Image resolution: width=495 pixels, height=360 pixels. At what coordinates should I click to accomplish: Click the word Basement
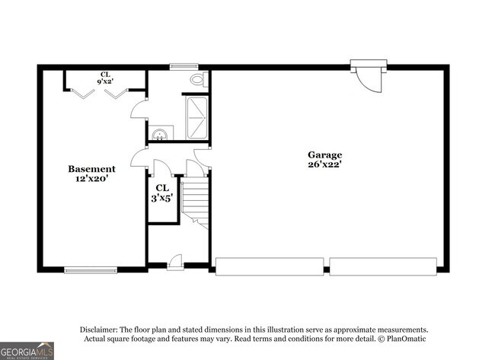pyautogui.click(x=91, y=169)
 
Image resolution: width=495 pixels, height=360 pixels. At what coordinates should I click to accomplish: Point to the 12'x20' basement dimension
pyautogui.click(x=91, y=180)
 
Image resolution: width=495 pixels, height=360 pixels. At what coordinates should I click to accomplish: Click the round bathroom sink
pyautogui.click(x=159, y=134)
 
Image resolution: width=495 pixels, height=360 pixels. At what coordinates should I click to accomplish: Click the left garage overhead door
pyautogui.click(x=270, y=266)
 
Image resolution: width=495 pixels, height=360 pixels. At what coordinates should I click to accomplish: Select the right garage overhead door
pyautogui.click(x=382, y=266)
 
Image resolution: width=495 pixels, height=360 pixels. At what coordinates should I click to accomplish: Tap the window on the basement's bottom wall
pyautogui.click(x=91, y=269)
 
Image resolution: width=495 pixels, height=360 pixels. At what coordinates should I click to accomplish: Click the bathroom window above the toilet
pyautogui.click(x=184, y=66)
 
